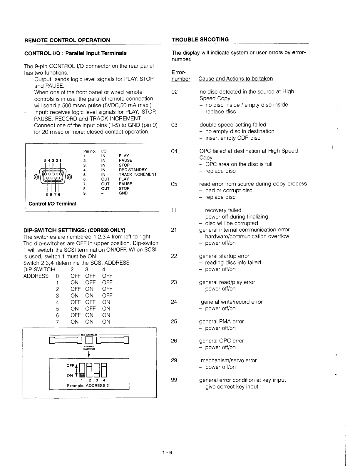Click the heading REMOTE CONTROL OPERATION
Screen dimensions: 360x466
point(67,40)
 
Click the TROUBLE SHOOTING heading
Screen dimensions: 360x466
point(200,39)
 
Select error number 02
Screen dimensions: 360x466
point(175,92)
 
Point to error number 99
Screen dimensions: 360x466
point(174,380)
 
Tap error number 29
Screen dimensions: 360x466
point(174,360)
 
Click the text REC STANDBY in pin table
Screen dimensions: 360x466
point(133,170)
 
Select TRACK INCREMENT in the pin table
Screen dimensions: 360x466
point(138,174)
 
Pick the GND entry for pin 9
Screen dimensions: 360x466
point(123,193)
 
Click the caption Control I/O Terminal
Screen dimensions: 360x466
point(52,203)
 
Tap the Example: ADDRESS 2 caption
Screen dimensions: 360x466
point(88,385)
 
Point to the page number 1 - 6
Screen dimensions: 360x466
point(167,452)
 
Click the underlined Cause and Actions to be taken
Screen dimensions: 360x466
point(235,79)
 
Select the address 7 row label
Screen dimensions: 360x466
point(57,322)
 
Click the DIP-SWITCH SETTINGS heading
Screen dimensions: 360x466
point(74,230)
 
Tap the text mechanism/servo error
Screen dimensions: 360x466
point(229,360)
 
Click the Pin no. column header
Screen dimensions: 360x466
point(89,151)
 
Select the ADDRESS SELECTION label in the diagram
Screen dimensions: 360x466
point(89,348)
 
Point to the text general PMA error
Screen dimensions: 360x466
point(221,321)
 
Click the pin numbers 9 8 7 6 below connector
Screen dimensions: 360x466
point(53,195)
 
